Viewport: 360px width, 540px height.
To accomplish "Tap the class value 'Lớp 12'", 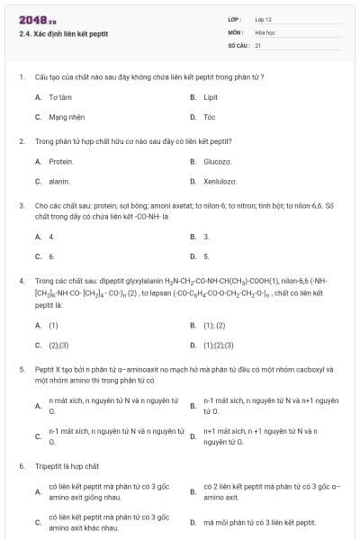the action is pos(264,18).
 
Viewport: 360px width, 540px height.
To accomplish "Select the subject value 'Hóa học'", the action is pos(265,31).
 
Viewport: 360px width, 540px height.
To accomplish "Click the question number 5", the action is pos(21,369).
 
